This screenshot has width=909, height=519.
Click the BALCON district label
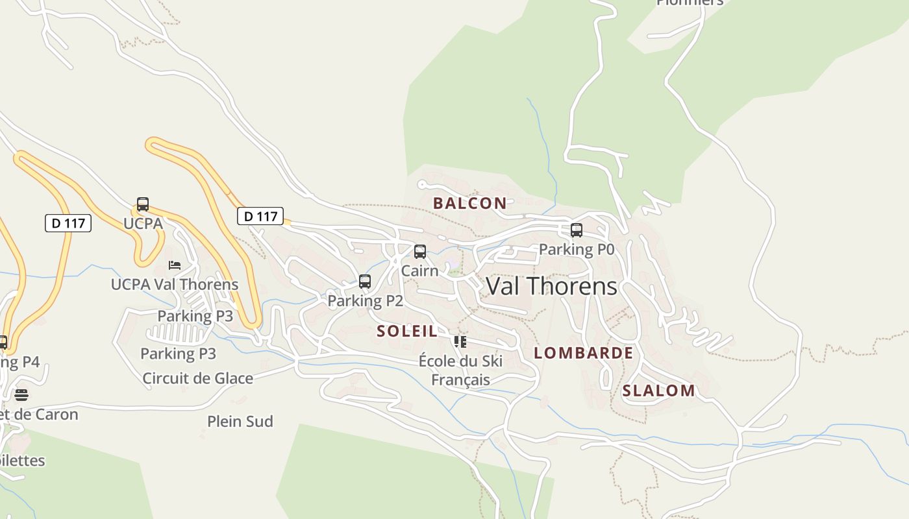469,203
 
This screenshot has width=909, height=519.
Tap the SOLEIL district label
407,331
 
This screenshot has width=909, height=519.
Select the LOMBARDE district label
583,353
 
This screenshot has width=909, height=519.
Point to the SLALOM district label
658,391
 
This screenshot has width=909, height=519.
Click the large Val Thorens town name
551,286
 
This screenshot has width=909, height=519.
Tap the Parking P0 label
576,249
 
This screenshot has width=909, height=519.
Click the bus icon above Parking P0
576,230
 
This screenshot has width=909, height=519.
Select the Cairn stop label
419,270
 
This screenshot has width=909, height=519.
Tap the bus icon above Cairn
420,252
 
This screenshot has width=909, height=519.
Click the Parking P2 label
365,300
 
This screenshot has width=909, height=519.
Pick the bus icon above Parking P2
365,282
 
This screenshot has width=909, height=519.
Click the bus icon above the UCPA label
143,205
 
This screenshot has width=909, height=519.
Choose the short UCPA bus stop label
143,223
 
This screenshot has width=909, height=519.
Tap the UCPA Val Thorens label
175,284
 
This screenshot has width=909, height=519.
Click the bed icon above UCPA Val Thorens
175,265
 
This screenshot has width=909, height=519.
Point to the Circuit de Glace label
197,378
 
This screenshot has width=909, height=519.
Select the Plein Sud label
240,421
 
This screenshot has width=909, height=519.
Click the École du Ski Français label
460,370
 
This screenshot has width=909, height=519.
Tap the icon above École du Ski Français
460,342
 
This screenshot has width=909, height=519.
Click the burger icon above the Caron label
21,395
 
